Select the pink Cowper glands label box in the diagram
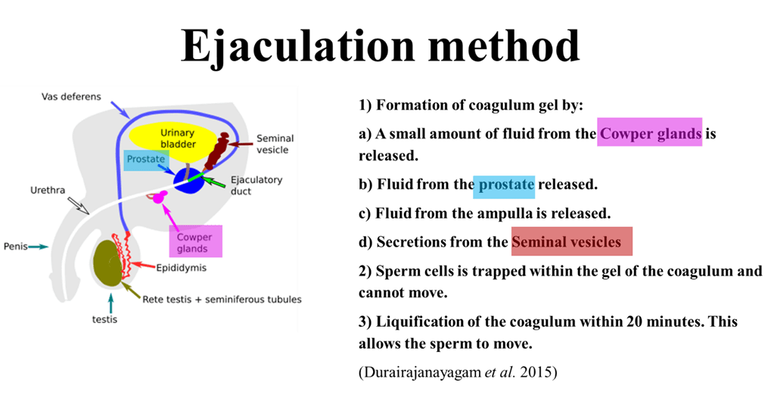point(194,243)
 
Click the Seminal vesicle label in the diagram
point(275,144)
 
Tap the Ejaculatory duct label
point(256,185)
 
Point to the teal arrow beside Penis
point(40,247)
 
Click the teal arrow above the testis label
point(111,303)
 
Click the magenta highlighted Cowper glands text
point(651,134)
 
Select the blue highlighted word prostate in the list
point(504,185)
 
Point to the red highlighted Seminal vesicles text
point(571,242)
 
